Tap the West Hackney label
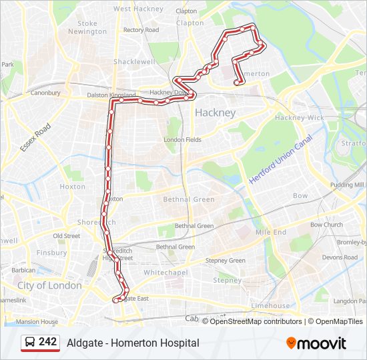point(138,9)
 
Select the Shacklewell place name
point(134,61)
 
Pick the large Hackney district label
point(215,113)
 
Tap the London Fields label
point(183,140)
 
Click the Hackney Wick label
point(300,118)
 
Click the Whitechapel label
point(163,273)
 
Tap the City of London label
point(49,285)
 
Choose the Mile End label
point(270,233)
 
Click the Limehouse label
point(270,306)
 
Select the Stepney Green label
point(225,261)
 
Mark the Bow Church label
point(326,225)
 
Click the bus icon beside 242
point(29,342)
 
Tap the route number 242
point(47,342)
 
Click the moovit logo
point(316,343)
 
